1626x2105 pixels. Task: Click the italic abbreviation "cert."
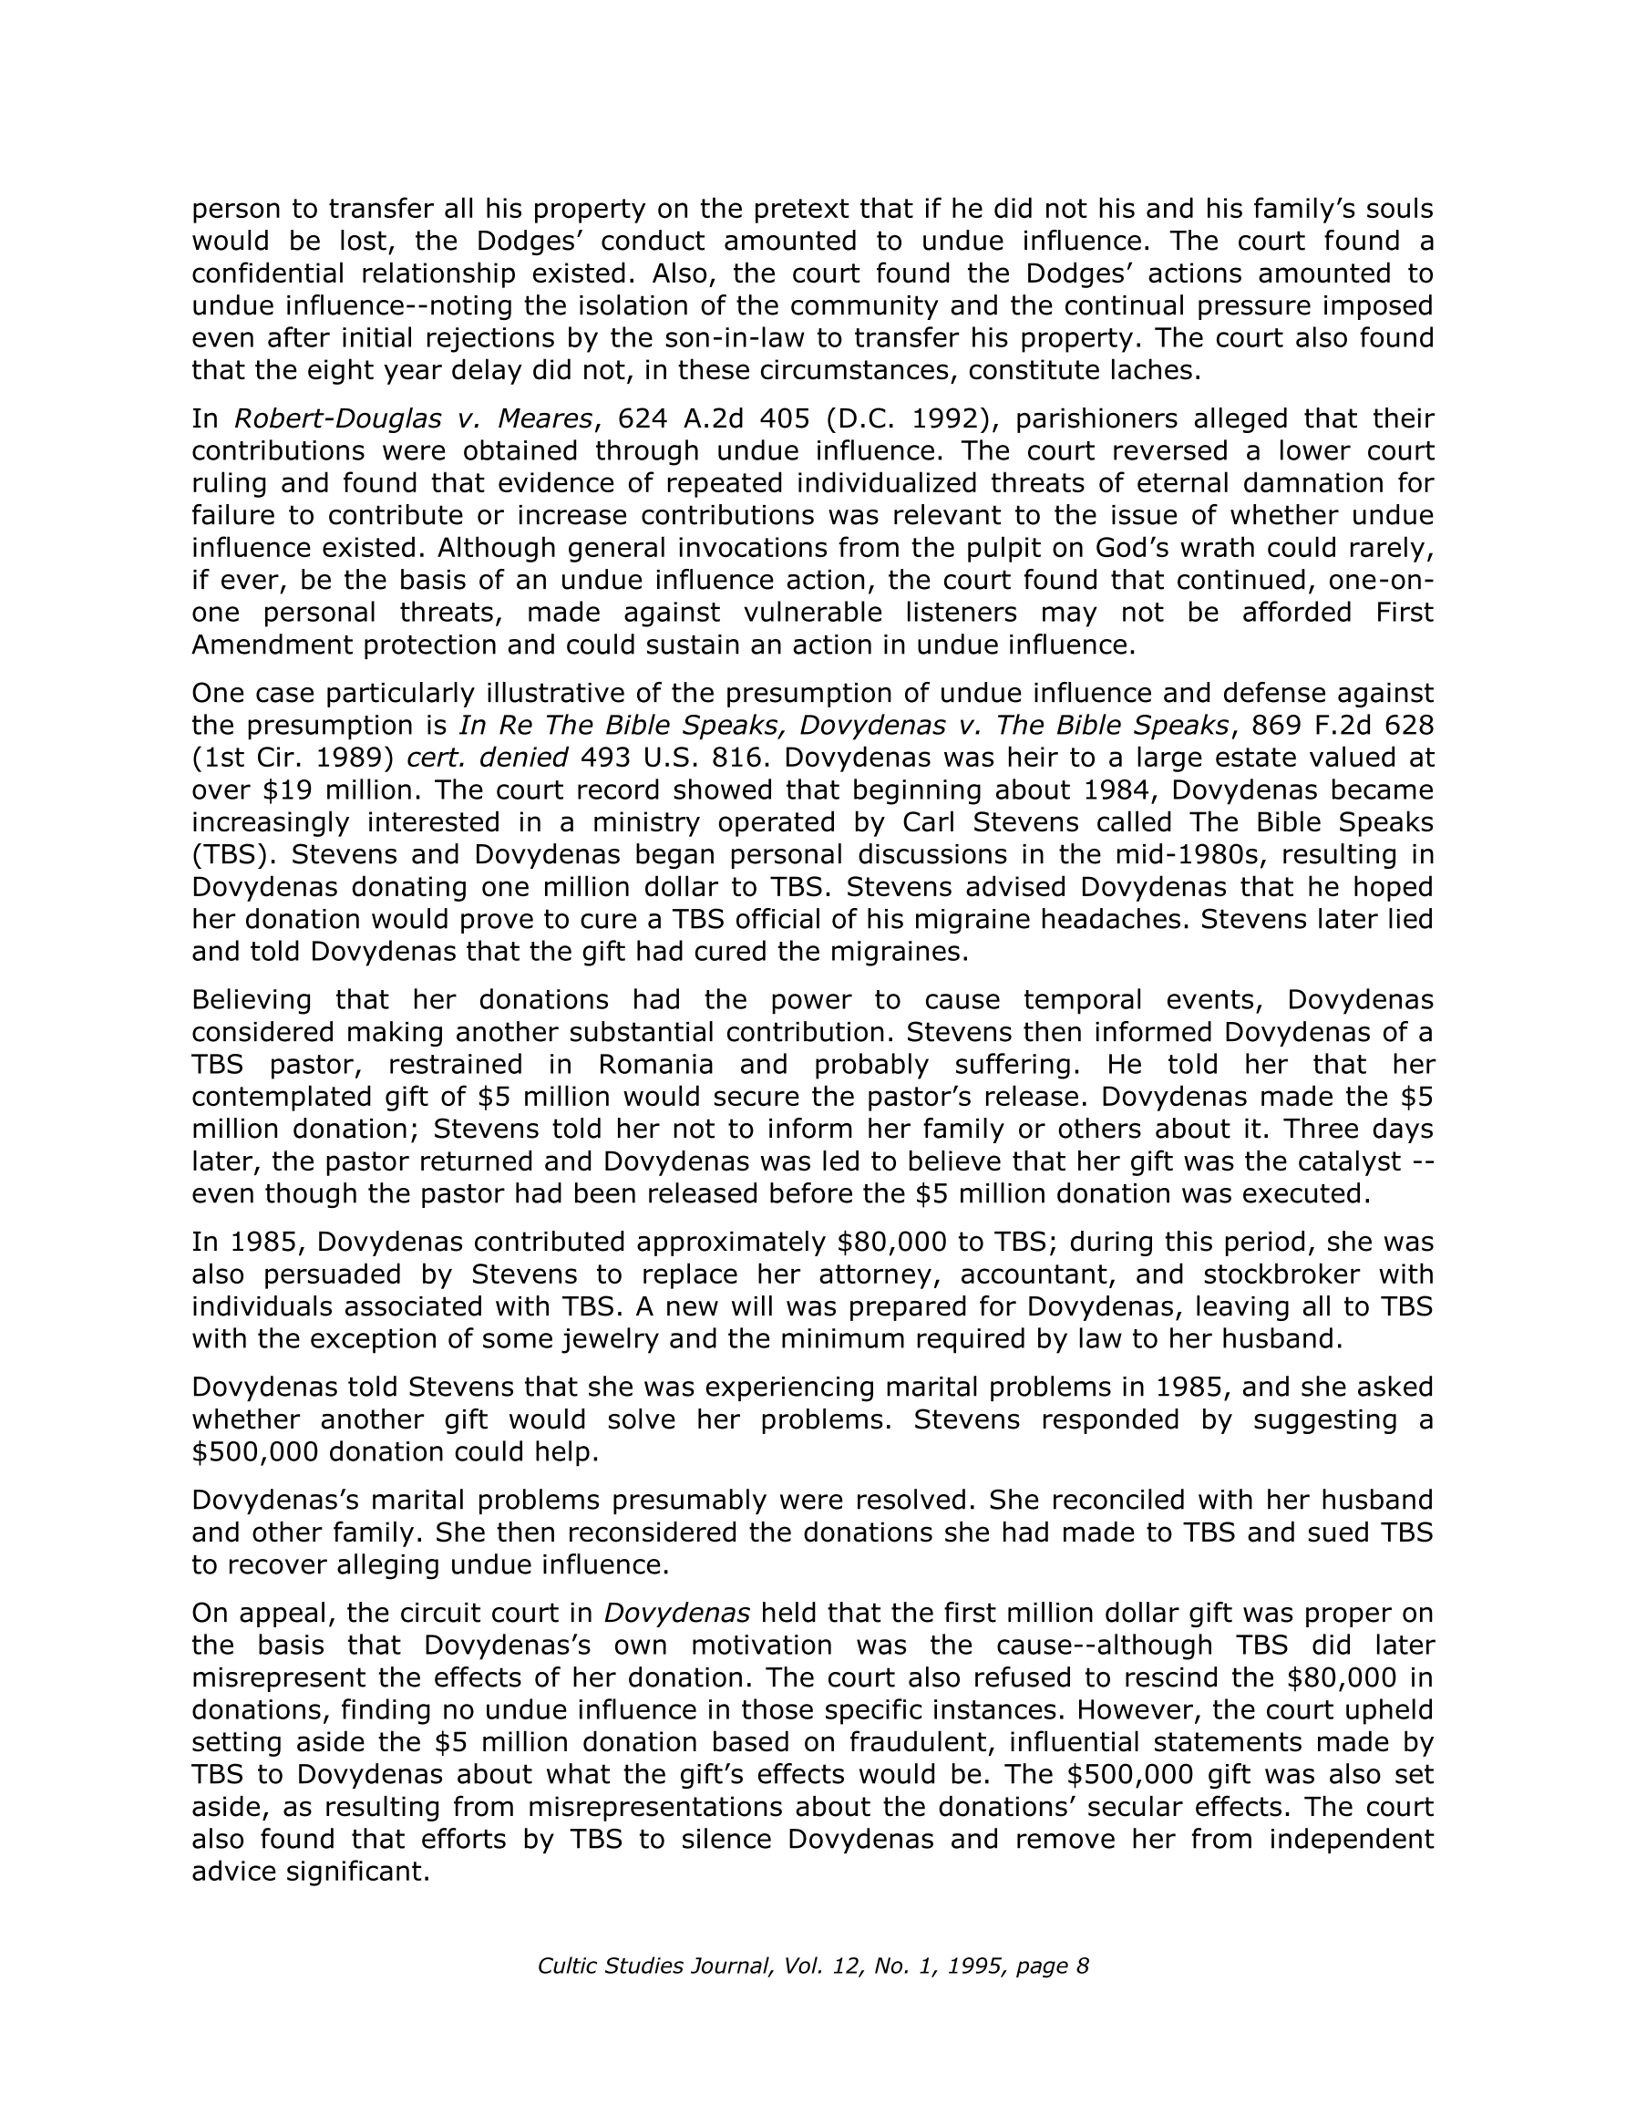coord(437,758)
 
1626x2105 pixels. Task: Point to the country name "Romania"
coord(655,1064)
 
